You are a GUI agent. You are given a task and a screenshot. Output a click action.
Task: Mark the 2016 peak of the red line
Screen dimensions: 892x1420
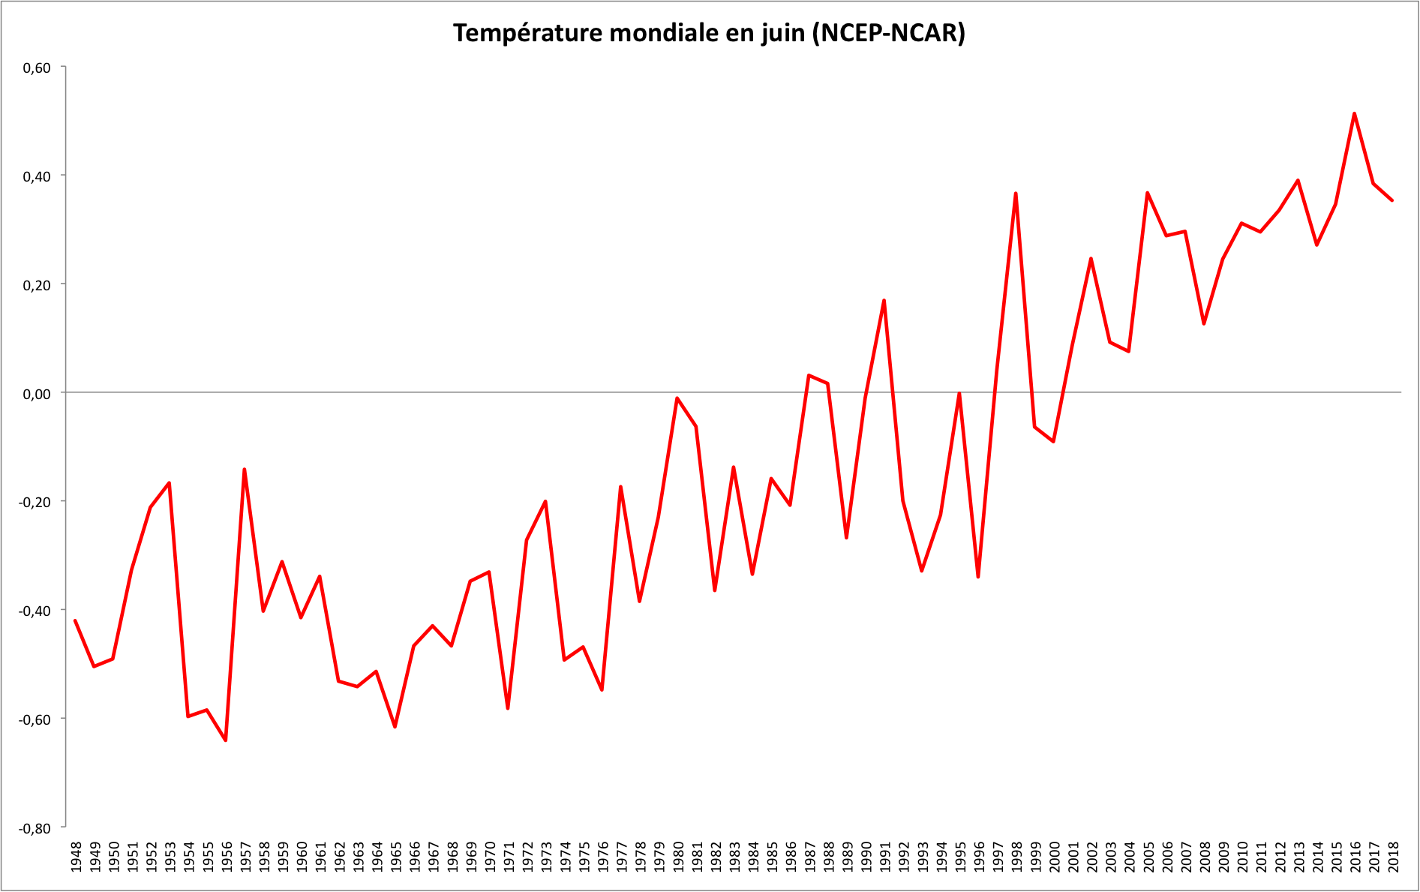tap(1354, 114)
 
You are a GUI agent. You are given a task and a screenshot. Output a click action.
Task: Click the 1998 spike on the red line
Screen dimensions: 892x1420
tap(1016, 194)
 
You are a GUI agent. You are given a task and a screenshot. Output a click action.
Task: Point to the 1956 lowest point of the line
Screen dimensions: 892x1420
tap(226, 740)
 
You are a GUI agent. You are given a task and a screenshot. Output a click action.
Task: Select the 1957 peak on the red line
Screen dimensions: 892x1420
tap(245, 470)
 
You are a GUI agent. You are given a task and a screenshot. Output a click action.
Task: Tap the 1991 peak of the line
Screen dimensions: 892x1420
tap(884, 301)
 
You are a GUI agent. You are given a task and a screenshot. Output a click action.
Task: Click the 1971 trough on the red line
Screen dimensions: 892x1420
tap(508, 707)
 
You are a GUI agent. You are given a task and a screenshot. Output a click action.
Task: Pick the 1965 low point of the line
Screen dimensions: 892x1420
tap(395, 726)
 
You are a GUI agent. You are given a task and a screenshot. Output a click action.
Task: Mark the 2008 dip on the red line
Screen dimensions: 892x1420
tap(1204, 323)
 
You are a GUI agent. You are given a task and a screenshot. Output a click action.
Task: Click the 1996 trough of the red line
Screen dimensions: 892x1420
tap(978, 576)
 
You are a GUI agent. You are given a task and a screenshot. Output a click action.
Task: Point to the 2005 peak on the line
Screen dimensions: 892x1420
tap(1147, 194)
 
